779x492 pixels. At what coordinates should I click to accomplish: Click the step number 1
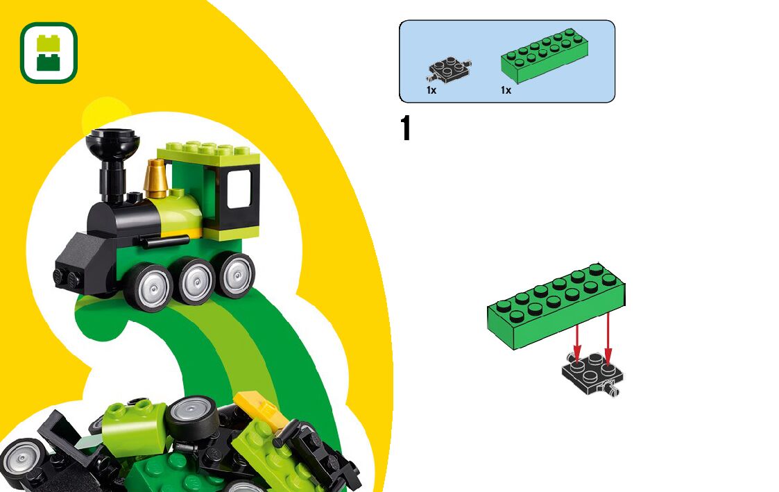406,129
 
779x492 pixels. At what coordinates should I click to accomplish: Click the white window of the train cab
239,188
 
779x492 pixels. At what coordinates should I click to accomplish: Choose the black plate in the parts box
450,69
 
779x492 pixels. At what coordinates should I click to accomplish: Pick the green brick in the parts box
545,55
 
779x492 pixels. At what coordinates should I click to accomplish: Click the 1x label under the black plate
431,90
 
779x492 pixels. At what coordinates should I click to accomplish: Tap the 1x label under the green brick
506,90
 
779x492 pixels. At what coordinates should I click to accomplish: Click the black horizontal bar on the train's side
164,241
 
